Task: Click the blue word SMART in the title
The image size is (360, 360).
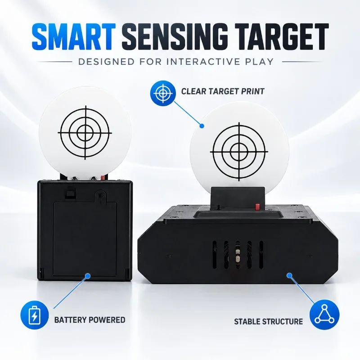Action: coord(74,37)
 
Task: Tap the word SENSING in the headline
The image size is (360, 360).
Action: coord(175,37)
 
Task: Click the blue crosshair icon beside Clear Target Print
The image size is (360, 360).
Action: coord(163,93)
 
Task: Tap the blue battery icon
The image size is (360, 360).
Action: coord(35,315)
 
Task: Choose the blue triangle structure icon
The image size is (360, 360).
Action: coord(324,314)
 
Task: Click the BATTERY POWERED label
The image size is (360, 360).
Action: coord(90,320)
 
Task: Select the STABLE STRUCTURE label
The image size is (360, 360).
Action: coord(268,321)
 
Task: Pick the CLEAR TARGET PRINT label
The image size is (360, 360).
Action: coord(223,91)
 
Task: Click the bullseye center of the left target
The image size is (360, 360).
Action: coord(85,133)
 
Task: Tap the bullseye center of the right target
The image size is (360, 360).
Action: coord(239,152)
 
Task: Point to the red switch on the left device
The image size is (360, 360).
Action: coord(103,177)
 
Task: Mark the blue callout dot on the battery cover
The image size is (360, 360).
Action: coord(87,275)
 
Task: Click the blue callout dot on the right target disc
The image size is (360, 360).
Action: coord(202,126)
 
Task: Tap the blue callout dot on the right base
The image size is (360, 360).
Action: coord(289,275)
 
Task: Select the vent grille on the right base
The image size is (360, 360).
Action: coord(238,255)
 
